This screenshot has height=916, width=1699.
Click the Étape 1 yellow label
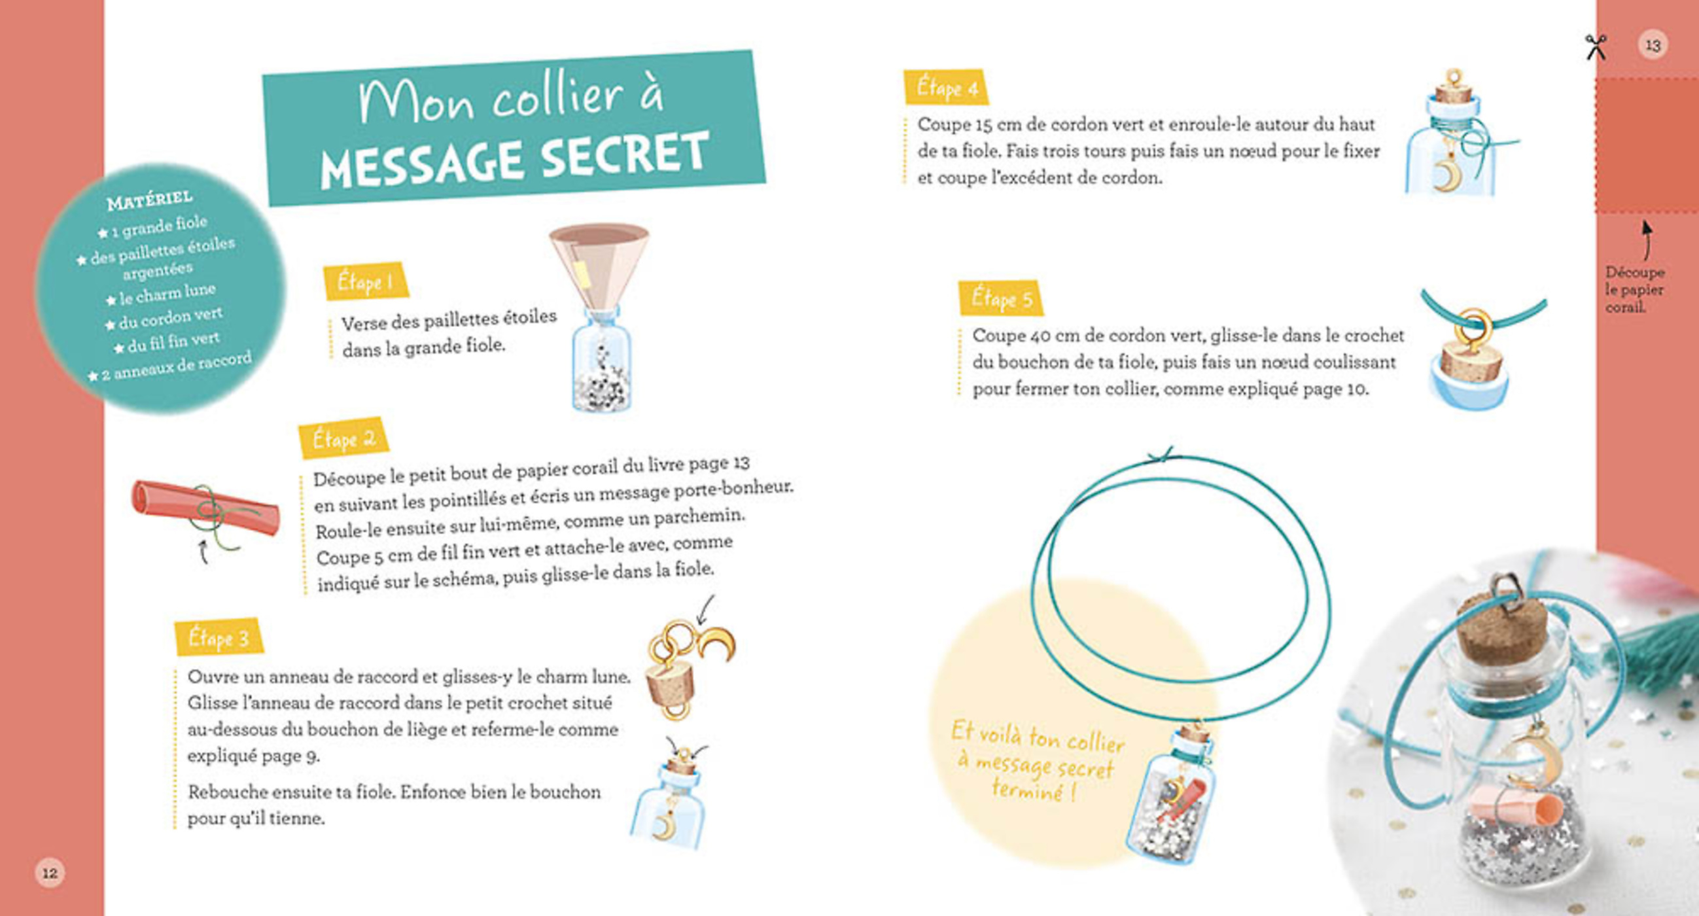pyautogui.click(x=366, y=281)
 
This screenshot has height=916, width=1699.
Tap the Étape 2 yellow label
pyautogui.click(x=343, y=438)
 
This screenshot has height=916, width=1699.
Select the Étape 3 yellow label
pyautogui.click(x=219, y=638)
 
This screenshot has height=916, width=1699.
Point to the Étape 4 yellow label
pyautogui.click(x=946, y=87)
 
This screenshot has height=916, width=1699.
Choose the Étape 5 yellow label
pyautogui.click(x=1000, y=298)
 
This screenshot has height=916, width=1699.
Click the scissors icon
pyautogui.click(x=1596, y=47)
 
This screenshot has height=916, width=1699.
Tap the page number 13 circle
pyautogui.click(x=1653, y=46)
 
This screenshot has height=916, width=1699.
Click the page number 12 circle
pyautogui.click(x=50, y=873)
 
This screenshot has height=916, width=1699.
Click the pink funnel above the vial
pyautogui.click(x=599, y=264)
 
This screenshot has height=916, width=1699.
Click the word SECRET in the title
pyautogui.click(x=625, y=156)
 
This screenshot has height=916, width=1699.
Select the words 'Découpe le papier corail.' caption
pyautogui.click(x=1634, y=289)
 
